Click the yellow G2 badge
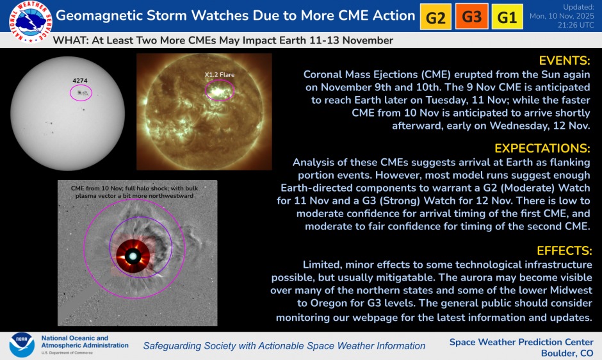pos(435,17)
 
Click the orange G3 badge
pos(471,17)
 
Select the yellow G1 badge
pos(507,17)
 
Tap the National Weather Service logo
pos(26,19)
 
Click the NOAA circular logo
pos(22,345)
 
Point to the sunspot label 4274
pos(80,81)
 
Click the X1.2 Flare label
pos(220,75)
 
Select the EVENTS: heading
pos(565,61)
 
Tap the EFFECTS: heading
pos(564,250)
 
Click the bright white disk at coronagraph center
pos(133,256)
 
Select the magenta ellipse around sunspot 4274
pos(81,93)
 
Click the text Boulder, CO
pos(567,353)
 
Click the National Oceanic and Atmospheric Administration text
pos(74,341)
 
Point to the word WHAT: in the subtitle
pos(69,40)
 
